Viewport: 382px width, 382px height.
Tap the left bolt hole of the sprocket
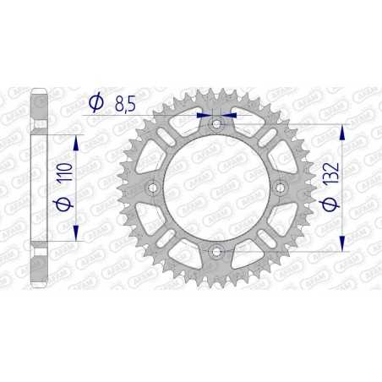pyautogui.click(x=154, y=187)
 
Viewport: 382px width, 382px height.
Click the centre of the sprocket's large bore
pyautogui.click(x=216, y=187)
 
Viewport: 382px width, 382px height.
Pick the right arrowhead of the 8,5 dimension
pyautogui.click(x=232, y=113)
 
